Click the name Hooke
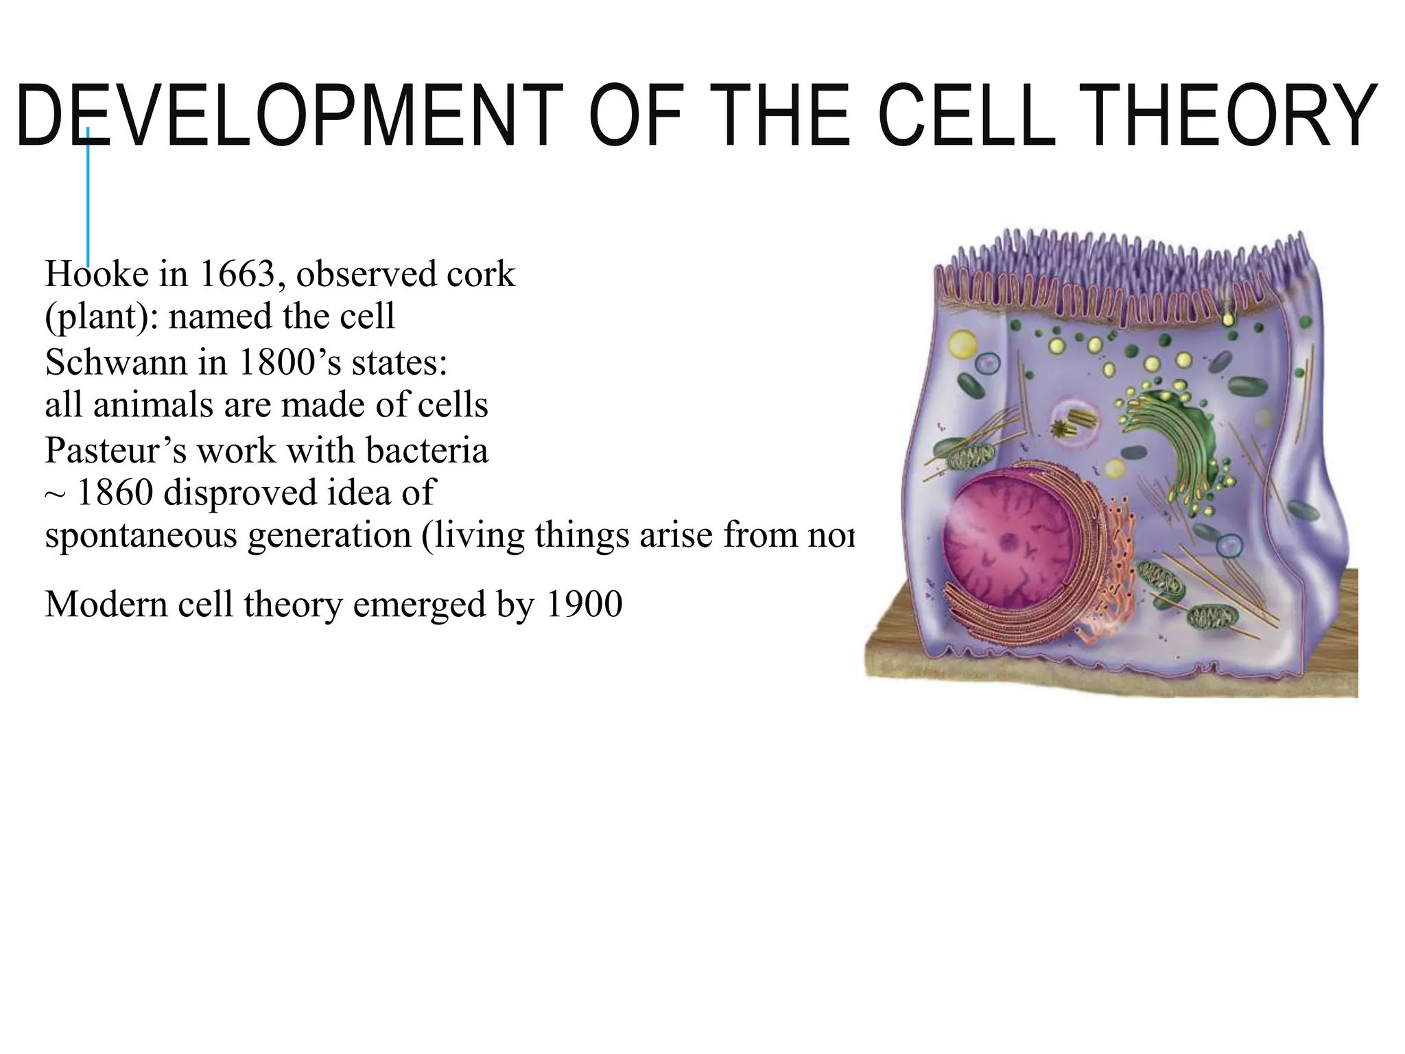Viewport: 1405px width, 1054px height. [97, 274]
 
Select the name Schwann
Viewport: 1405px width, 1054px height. [116, 362]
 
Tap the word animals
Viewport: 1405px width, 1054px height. [152, 404]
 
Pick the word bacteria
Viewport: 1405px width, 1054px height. [427, 450]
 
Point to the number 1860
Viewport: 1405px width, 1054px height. [115, 492]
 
